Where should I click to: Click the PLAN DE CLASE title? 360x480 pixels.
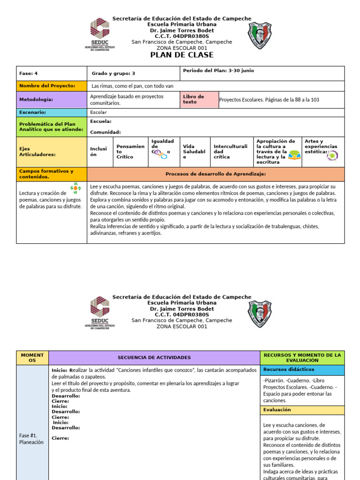point(181,55)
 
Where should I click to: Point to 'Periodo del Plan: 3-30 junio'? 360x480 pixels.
point(218,71)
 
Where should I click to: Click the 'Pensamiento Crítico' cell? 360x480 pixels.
point(130,151)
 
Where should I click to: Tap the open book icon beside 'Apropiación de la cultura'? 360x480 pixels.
point(294,155)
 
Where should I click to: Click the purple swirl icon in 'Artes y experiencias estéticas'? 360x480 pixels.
point(333,156)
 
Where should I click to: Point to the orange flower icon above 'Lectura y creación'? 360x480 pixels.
point(75,188)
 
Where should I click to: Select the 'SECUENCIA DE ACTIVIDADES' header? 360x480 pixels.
point(154,358)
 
